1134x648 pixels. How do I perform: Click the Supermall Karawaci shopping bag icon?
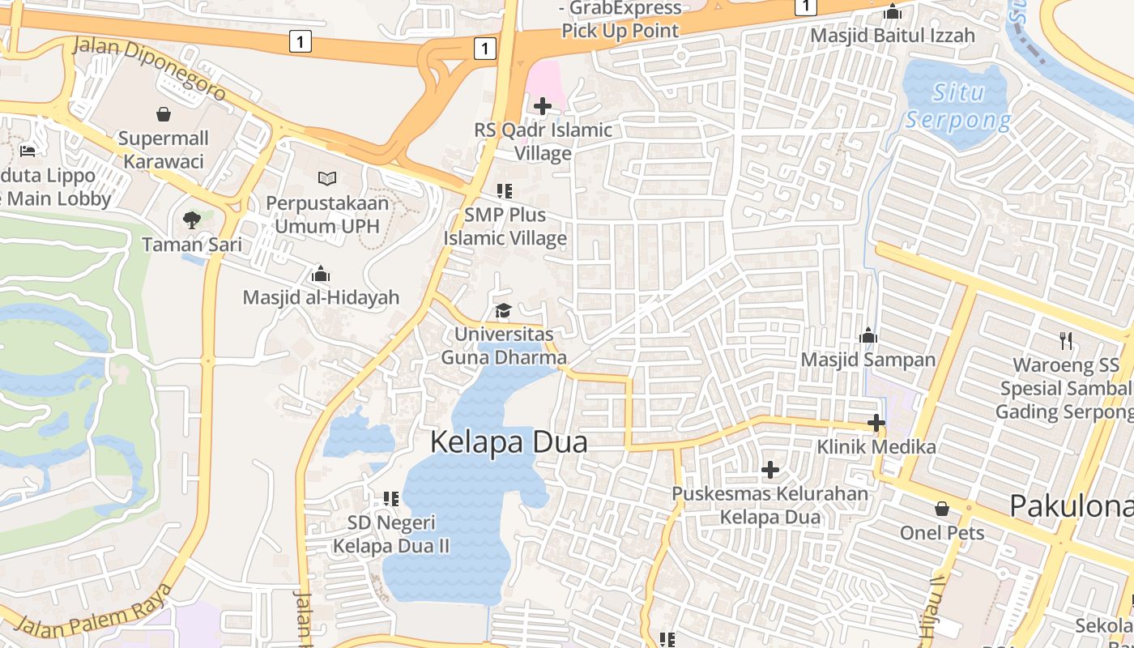(164, 114)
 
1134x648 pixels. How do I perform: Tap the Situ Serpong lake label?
(958, 106)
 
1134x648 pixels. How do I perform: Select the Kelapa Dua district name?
(508, 442)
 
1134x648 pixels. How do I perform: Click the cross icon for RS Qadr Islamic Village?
(543, 105)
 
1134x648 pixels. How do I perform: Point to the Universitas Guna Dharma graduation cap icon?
(503, 311)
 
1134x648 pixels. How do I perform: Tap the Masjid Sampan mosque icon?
(868, 335)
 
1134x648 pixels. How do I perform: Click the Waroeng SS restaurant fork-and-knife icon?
(1066, 341)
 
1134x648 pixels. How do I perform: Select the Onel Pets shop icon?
(942, 509)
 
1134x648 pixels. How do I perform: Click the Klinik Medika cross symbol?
(876, 423)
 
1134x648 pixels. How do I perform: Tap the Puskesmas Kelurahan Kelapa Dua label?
(769, 505)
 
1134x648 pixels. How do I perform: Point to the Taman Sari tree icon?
(192, 220)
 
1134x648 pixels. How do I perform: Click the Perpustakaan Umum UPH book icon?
(326, 178)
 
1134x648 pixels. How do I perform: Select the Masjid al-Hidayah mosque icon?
(321, 274)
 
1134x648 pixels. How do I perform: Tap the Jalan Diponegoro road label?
(149, 68)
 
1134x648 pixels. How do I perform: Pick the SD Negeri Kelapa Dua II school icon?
(391, 498)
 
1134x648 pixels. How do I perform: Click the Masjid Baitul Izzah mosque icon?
(893, 11)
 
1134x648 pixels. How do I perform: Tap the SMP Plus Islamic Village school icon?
(505, 191)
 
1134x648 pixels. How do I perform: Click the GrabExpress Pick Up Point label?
(620, 19)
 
